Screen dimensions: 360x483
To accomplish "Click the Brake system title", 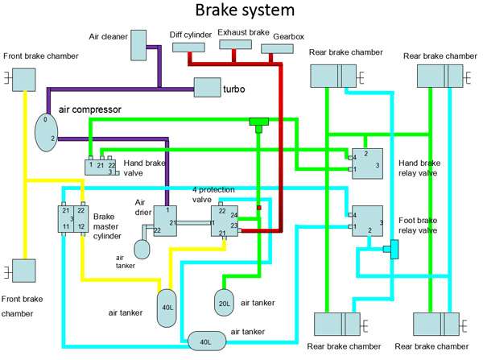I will pos(242,12).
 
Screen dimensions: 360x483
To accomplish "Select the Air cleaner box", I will pos(138,45).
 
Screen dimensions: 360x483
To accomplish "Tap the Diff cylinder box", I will pos(189,48).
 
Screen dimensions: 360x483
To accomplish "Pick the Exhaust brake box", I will pos(233,48).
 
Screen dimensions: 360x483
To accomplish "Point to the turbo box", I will pos(207,88).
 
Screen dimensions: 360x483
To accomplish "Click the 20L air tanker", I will pos(225,302).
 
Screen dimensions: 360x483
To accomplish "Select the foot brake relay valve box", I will pos(366,222).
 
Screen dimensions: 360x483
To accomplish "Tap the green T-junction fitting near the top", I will pos(258,123).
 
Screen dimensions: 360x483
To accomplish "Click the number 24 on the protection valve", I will pos(233,215).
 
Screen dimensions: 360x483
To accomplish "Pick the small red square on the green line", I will pos(259,208).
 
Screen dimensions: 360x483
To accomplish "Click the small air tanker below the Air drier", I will pos(142,247).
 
